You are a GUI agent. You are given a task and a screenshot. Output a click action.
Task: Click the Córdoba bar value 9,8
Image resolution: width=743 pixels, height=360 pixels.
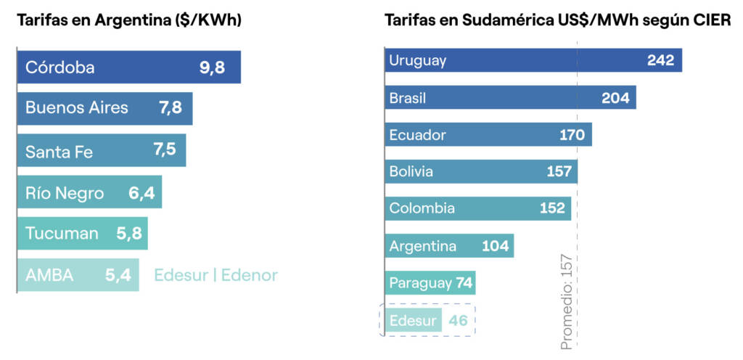click(212, 67)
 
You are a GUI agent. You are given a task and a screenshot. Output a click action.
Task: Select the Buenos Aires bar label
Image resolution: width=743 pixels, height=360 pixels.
click(77, 108)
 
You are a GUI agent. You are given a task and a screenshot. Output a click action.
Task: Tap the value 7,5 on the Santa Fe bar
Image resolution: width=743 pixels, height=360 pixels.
click(165, 150)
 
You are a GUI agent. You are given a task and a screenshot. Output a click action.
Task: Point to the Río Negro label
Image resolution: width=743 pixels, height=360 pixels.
click(65, 192)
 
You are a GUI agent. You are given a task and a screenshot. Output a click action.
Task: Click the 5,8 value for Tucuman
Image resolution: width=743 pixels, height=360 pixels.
click(129, 234)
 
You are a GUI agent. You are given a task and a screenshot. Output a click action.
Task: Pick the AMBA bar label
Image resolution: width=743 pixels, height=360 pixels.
click(49, 275)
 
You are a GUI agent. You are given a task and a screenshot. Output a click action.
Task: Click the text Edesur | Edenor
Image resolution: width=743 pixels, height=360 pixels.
click(215, 275)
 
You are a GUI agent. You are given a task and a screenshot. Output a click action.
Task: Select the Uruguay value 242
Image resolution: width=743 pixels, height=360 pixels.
click(661, 60)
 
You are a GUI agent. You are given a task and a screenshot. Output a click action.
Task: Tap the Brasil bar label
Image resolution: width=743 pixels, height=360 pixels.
click(408, 98)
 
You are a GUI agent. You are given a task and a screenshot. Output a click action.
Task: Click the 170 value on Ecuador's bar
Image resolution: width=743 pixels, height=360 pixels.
click(572, 134)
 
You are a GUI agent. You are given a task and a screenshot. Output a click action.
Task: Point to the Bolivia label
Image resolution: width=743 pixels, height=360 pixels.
click(411, 171)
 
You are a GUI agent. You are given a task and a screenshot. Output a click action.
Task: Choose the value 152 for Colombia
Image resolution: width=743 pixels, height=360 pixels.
click(552, 208)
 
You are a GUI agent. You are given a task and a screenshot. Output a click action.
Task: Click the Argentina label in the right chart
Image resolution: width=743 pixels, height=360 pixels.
click(423, 245)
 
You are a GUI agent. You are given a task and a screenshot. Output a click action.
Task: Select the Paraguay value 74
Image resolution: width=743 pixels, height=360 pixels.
click(464, 282)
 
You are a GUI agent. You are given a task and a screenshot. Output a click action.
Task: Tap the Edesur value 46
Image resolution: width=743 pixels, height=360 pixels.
click(458, 320)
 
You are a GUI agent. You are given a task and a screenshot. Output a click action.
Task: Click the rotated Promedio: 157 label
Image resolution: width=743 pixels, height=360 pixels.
click(567, 301)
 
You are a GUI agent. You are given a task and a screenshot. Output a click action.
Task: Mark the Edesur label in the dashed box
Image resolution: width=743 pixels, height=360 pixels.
click(413, 320)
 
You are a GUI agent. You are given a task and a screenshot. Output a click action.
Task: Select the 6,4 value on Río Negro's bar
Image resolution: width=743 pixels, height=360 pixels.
click(143, 192)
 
